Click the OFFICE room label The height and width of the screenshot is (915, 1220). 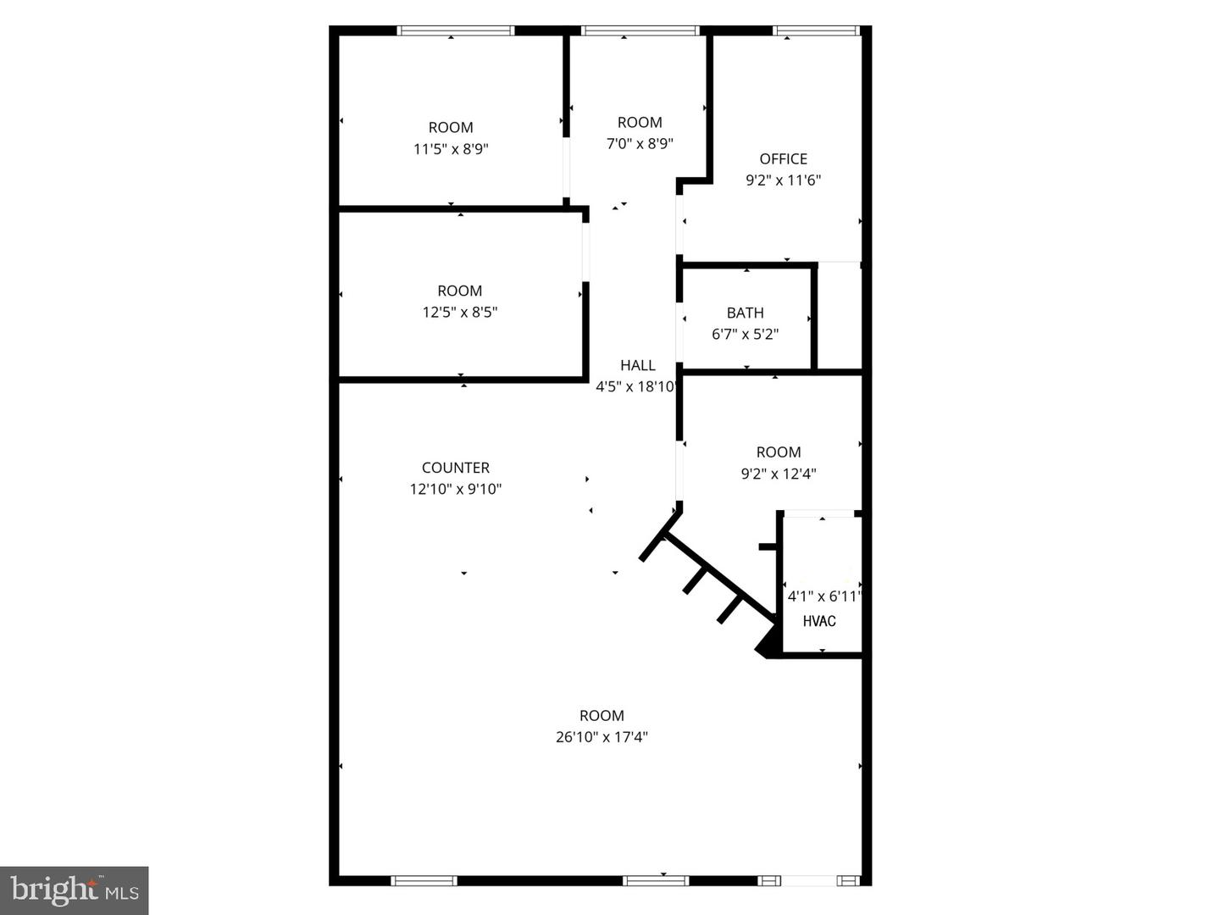[x=783, y=159]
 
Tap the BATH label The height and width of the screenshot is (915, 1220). [x=745, y=313]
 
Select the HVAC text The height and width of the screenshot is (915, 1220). [x=819, y=621]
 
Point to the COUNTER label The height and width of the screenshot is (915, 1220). [x=456, y=468]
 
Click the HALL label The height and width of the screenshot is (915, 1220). [x=637, y=365]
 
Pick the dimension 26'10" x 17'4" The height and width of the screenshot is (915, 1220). [x=602, y=737]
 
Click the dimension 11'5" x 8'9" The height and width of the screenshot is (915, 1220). [x=451, y=149]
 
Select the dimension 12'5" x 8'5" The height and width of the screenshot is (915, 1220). [x=460, y=313]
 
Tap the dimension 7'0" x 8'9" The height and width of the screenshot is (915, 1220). [x=640, y=144]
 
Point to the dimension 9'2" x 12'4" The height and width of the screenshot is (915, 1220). [x=779, y=474]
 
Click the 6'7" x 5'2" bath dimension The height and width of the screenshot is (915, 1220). [x=745, y=335]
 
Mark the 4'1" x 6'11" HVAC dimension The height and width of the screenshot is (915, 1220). [x=823, y=596]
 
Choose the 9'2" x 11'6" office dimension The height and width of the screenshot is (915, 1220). [x=783, y=180]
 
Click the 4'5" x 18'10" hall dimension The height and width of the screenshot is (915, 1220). [x=636, y=387]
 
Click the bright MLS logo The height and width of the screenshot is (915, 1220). [x=74, y=890]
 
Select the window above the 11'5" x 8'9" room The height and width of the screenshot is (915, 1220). [x=456, y=31]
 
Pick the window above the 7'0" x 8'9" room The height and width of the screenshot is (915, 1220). [x=640, y=31]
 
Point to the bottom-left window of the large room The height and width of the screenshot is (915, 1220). [x=424, y=881]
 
